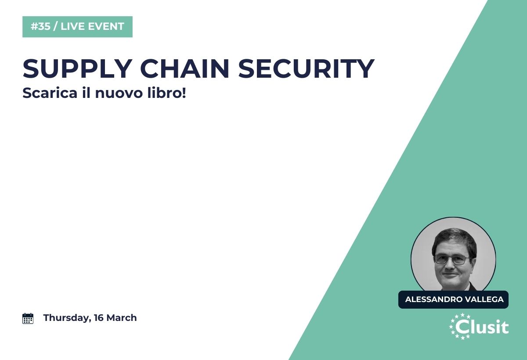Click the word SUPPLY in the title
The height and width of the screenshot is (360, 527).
pyautogui.click(x=77, y=68)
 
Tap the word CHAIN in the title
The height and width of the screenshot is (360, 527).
pyautogui.click(x=185, y=68)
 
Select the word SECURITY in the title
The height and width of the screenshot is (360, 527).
pyautogui.click(x=307, y=68)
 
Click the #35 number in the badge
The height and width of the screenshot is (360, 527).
pyautogui.click(x=40, y=26)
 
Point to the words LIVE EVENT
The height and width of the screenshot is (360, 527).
pyautogui.click(x=92, y=26)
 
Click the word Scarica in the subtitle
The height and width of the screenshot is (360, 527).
pyautogui.click(x=50, y=93)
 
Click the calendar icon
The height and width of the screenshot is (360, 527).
pyautogui.click(x=28, y=318)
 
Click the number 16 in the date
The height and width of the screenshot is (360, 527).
pyautogui.click(x=98, y=318)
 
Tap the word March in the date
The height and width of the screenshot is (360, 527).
pyautogui.click(x=121, y=318)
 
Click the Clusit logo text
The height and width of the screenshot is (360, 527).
pyautogui.click(x=482, y=327)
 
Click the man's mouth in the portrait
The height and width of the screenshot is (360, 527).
pyautogui.click(x=450, y=274)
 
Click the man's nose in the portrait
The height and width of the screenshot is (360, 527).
pyautogui.click(x=450, y=265)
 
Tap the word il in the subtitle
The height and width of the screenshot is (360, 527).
pyautogui.click(x=86, y=93)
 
